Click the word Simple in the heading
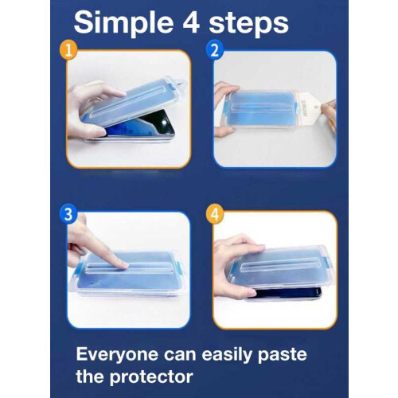[x=123, y=23]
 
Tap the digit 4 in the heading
[x=191, y=22]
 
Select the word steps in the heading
[x=248, y=25]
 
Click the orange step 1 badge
[x=68, y=50]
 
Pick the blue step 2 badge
[x=214, y=49]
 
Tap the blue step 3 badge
[x=68, y=214]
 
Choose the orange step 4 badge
[x=215, y=214]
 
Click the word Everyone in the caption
[x=118, y=355]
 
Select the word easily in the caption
[x=226, y=355]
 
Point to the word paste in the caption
[x=283, y=355]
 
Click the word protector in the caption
[x=151, y=377]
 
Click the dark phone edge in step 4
[x=287, y=293]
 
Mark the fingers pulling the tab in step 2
[x=330, y=114]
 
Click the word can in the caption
[x=180, y=355]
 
